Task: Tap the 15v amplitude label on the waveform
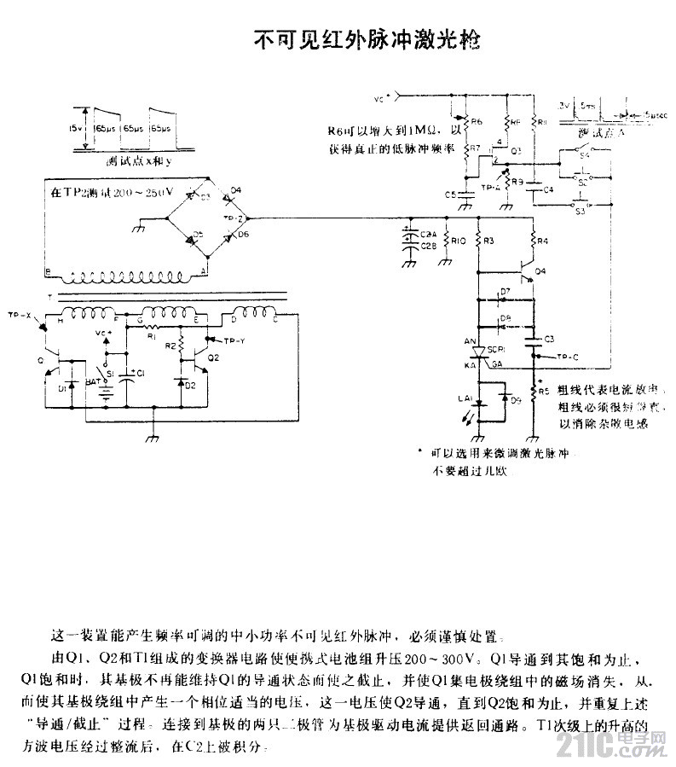tap(77, 128)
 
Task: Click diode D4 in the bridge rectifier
tap(230, 199)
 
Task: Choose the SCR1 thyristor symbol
tap(478, 352)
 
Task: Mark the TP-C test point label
tap(567, 356)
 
